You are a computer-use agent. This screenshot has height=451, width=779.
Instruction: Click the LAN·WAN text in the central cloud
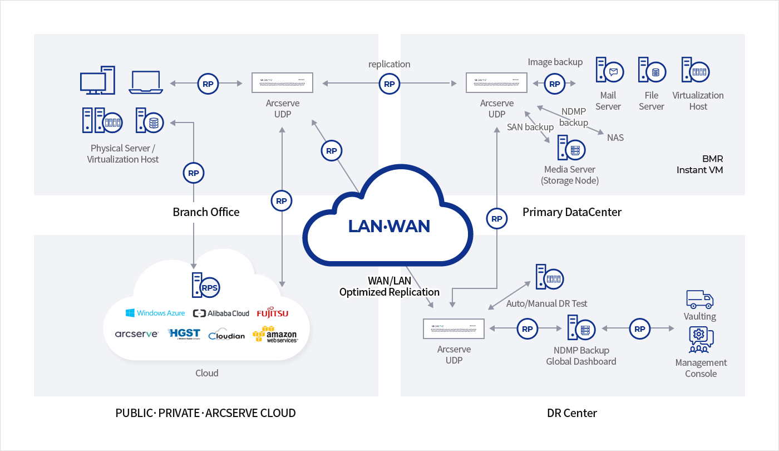[x=389, y=226]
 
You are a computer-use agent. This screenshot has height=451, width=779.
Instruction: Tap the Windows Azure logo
[x=155, y=313]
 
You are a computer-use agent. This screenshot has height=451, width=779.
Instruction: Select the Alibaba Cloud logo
[x=221, y=313]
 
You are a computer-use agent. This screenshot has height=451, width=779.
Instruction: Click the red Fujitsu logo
[x=273, y=313]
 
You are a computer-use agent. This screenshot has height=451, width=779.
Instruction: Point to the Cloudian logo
[x=226, y=335]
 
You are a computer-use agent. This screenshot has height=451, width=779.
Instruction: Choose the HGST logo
[x=184, y=334]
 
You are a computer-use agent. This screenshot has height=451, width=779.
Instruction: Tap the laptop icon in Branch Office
[x=146, y=82]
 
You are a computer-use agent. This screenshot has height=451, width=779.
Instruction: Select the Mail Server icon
[x=609, y=71]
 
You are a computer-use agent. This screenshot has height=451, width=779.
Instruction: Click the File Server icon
[x=652, y=71]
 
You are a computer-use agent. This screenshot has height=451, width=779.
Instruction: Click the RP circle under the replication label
[x=389, y=84]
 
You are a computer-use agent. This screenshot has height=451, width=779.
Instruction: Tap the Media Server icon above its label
[x=569, y=149]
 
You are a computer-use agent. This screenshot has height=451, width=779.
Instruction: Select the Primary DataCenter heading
[x=572, y=212]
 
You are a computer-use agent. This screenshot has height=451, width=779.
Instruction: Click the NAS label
[x=615, y=138]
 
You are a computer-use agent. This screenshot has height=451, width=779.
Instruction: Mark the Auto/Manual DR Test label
[x=546, y=303]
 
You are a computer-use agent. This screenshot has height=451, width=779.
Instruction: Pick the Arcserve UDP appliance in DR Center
[x=453, y=329]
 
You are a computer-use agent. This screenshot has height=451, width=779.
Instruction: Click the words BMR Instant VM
[x=699, y=164]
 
